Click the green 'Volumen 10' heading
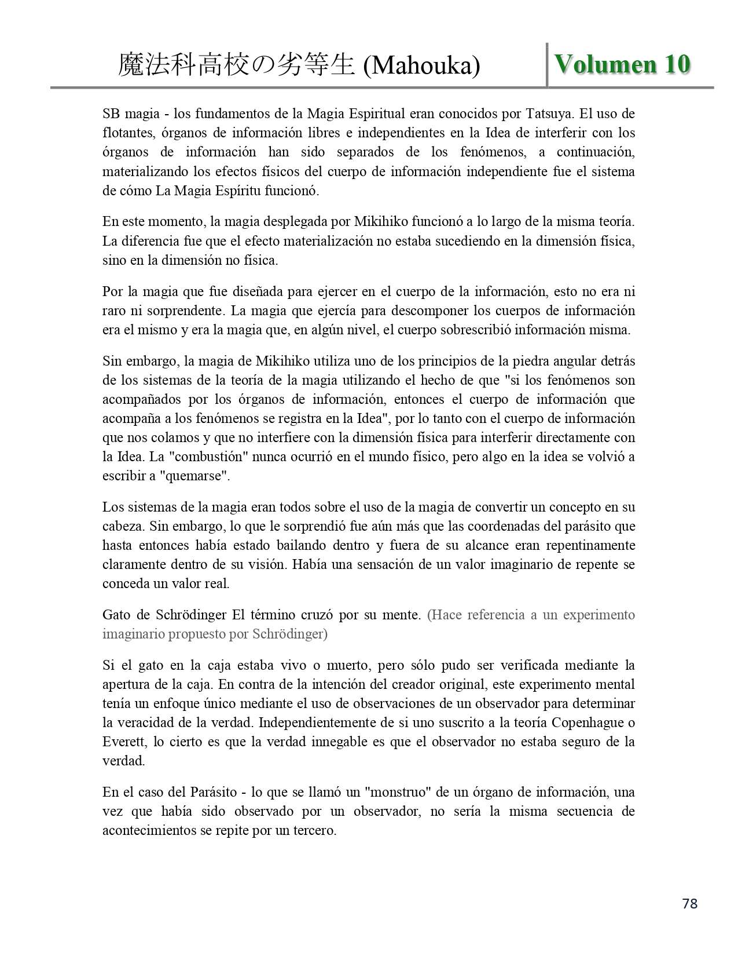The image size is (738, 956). pos(622,64)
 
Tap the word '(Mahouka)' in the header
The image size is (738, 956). pos(421,66)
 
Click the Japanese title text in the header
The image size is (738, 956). pos(236,65)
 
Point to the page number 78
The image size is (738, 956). pos(690,903)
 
